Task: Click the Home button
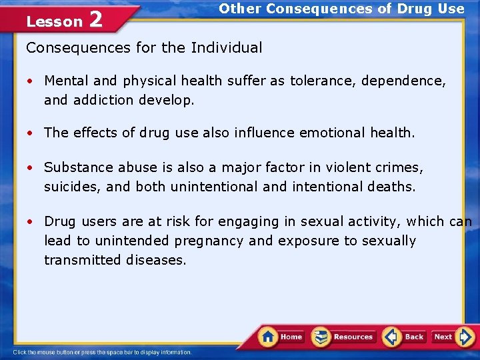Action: pos(282,337)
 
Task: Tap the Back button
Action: pos(405,337)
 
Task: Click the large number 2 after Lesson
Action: pos(95,20)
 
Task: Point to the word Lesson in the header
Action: pos(54,22)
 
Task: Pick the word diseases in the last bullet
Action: pos(156,260)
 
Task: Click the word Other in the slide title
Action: pos(239,9)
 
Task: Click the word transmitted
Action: pos(82,260)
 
